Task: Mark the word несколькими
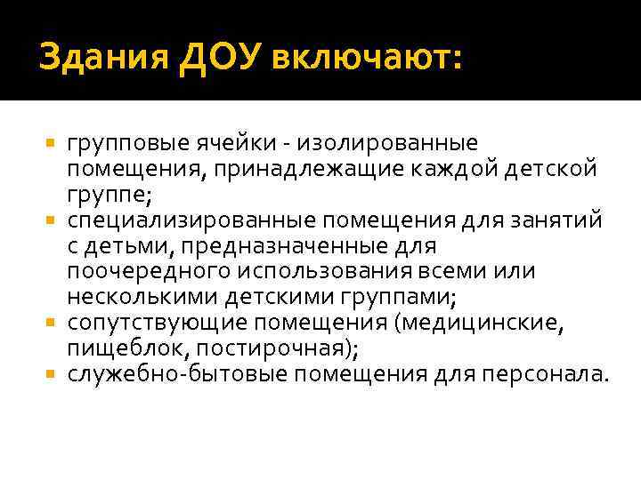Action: click(x=139, y=295)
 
